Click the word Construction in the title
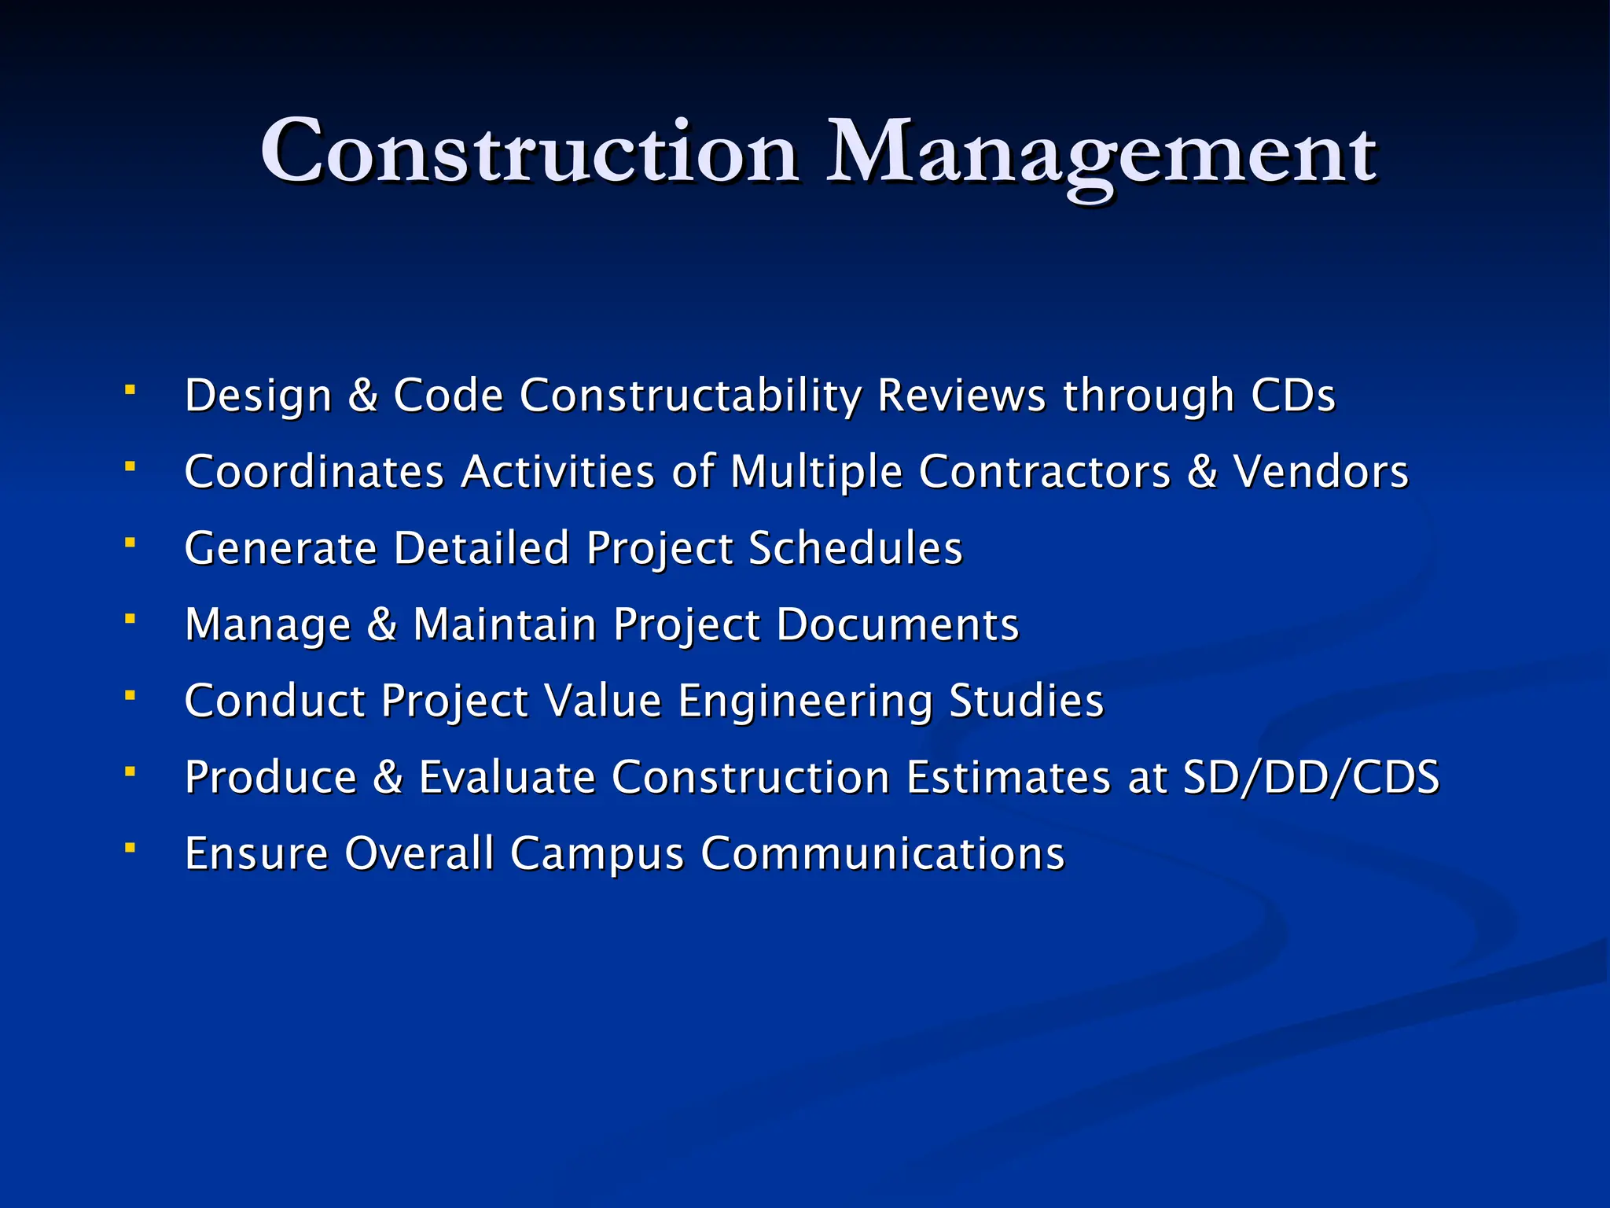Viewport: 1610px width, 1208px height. [529, 152]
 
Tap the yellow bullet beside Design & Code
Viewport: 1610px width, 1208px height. [130, 390]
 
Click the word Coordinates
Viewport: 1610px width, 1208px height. [314, 471]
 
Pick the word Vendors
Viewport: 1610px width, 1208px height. [1321, 471]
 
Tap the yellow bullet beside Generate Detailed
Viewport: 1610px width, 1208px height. [130, 543]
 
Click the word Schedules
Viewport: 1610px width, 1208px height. [855, 547]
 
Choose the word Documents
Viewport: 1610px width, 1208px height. [898, 624]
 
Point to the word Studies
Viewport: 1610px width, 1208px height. [1026, 701]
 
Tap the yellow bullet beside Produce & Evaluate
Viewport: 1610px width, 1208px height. [130, 772]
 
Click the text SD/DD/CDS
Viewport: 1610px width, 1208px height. [1311, 777]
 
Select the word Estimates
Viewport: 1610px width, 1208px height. [1009, 777]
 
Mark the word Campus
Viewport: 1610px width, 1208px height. [597, 854]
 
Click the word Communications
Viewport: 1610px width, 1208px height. [882, 853]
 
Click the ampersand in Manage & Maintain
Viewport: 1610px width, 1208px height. [382, 624]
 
